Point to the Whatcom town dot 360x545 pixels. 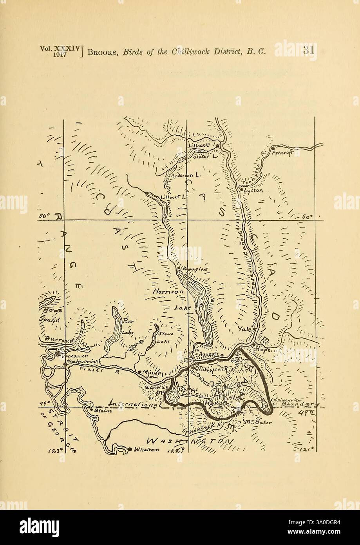(130, 449)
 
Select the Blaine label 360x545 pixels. (104, 411)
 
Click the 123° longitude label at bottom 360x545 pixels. (55, 451)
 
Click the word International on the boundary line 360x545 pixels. (136, 403)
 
